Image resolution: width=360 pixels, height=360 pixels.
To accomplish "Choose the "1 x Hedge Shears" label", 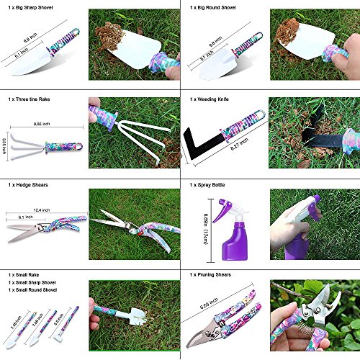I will pos(29,185).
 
